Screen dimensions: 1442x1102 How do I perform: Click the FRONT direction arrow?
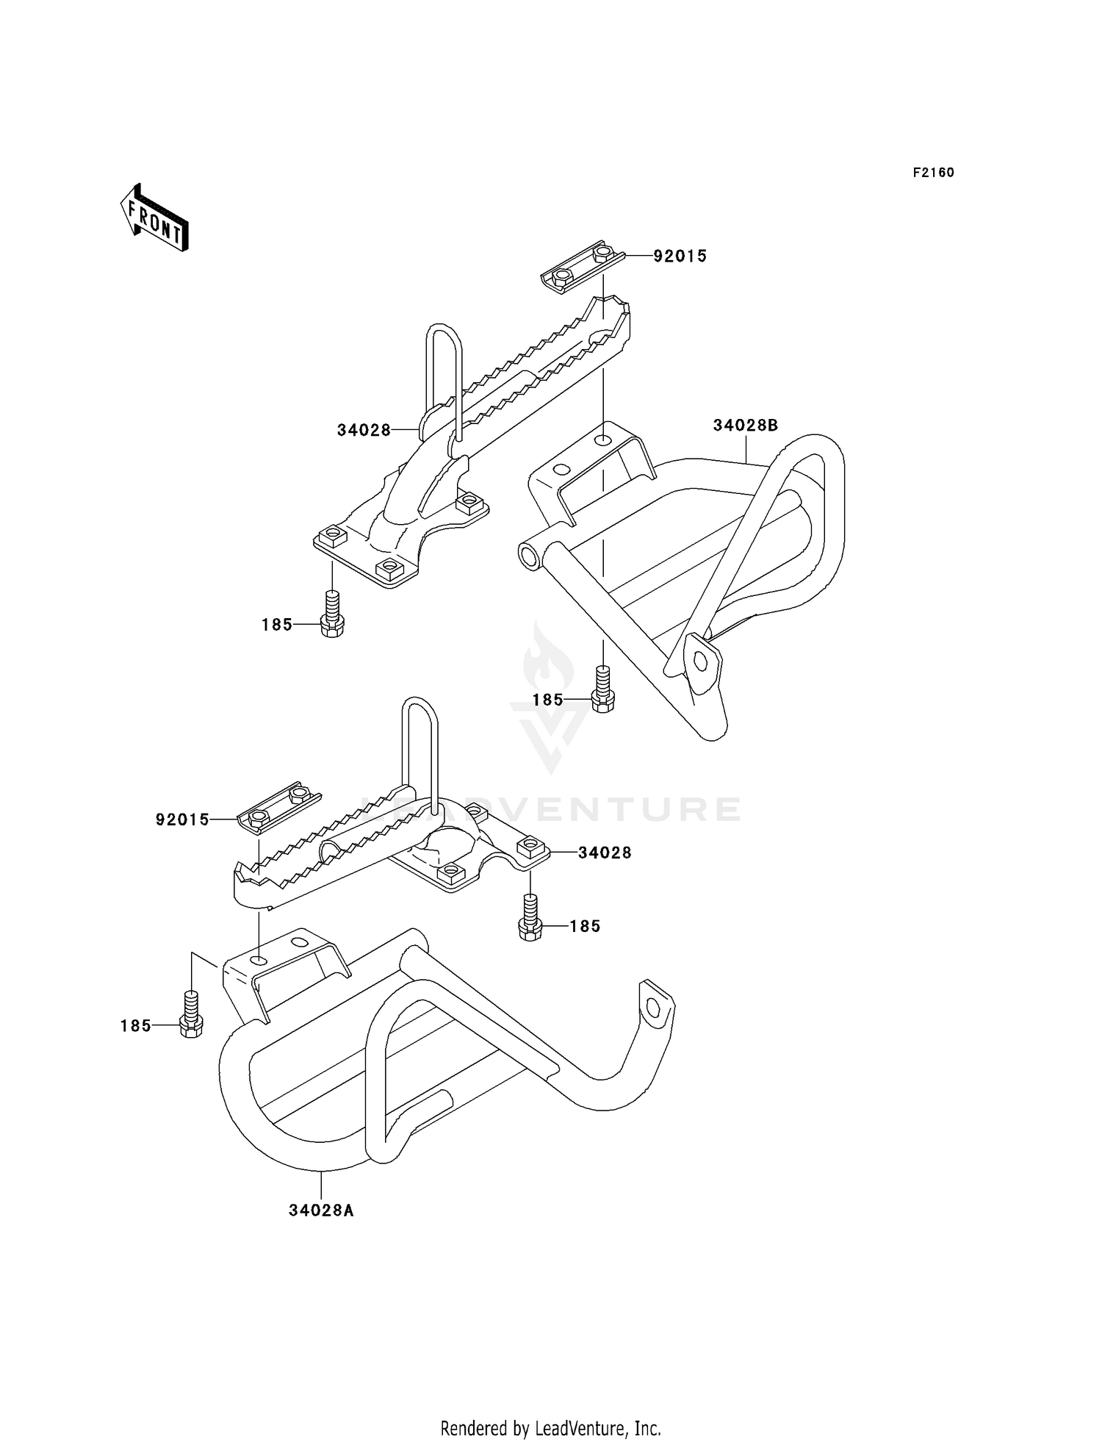(x=155, y=219)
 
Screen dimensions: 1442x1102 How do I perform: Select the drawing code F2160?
(x=933, y=173)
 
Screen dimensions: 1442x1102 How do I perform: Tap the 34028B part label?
(x=745, y=426)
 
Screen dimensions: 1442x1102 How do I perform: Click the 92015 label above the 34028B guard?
(x=680, y=257)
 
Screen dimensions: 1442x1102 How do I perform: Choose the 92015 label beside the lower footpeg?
(x=182, y=819)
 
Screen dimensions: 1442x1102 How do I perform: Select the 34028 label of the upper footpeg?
(x=364, y=431)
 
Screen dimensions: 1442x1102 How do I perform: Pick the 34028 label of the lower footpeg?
(x=604, y=853)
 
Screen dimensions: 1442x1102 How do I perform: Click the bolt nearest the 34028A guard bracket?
(x=190, y=1017)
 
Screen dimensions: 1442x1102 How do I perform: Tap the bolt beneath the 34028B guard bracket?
(x=602, y=692)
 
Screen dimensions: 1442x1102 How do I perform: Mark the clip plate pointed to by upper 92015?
(x=583, y=266)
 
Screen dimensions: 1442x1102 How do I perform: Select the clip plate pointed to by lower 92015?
(x=278, y=807)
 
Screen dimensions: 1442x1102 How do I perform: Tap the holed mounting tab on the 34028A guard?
(x=655, y=1008)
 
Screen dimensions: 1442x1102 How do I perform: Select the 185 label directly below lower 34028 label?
(x=585, y=927)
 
